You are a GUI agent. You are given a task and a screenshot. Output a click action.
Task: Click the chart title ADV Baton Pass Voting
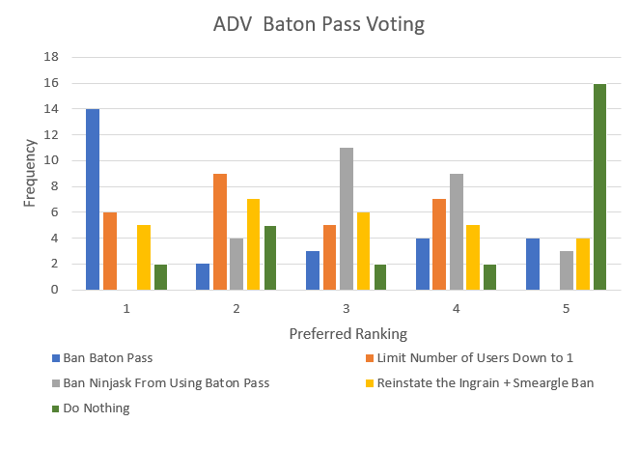tap(319, 25)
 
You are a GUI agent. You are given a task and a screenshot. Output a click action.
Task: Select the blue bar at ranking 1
tap(93, 199)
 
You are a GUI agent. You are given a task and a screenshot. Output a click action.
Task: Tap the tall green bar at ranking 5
tap(599, 186)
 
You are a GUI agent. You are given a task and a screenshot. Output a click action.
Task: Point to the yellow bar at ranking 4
tap(472, 257)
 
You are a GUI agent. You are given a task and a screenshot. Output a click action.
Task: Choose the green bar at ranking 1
tap(160, 276)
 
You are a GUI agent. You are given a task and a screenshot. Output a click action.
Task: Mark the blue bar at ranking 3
tap(312, 270)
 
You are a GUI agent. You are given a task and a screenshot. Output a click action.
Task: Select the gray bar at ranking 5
tap(566, 270)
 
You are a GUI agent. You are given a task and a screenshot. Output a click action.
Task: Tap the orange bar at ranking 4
tap(439, 244)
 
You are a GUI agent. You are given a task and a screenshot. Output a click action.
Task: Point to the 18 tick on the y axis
tap(51, 57)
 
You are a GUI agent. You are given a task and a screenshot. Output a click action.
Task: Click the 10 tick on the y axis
tap(51, 160)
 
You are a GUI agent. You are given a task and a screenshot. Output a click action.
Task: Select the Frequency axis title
tap(29, 173)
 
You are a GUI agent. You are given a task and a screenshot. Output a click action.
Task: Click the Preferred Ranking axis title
tap(347, 333)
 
